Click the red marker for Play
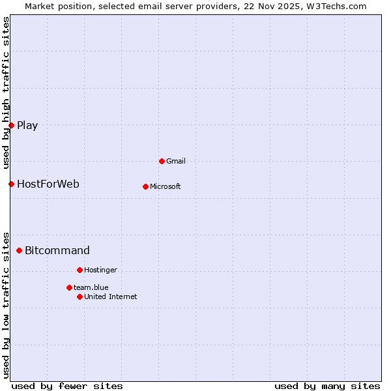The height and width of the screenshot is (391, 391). (11, 125)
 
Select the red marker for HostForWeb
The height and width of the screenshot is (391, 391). (11, 184)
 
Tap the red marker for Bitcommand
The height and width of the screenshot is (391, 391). (20, 250)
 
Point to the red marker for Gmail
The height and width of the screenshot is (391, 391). (162, 161)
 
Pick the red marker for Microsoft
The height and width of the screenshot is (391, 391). (145, 186)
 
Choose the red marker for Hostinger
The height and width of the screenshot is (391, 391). (80, 270)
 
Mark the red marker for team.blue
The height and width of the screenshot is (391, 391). (69, 287)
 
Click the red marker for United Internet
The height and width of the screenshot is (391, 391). (80, 297)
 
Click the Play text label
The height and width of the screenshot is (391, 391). (27, 126)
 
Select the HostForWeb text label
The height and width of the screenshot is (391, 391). (48, 184)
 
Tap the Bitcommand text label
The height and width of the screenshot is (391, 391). (57, 251)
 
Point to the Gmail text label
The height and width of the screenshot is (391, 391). (176, 162)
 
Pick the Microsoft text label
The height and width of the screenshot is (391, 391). (166, 187)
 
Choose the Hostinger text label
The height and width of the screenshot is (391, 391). (100, 270)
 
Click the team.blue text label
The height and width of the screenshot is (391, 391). (91, 288)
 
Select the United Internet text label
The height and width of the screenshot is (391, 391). (111, 297)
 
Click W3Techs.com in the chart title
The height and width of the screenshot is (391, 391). (336, 6)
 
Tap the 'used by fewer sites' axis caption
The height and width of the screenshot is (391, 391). (67, 386)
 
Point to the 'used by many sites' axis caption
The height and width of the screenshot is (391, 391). (327, 386)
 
